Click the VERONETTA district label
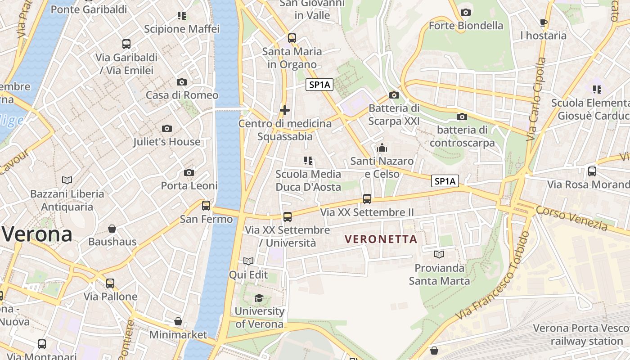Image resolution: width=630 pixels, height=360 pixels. click(x=381, y=239)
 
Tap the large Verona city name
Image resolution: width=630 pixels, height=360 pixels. click(x=37, y=234)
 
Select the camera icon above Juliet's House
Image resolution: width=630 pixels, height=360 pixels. click(x=167, y=129)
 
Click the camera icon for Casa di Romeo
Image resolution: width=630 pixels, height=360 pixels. click(x=182, y=82)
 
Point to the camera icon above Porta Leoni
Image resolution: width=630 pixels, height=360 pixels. click(x=189, y=173)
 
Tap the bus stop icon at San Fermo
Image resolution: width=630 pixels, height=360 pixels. click(x=206, y=206)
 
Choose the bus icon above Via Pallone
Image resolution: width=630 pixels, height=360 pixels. click(x=110, y=283)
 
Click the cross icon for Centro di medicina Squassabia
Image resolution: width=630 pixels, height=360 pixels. click(x=284, y=110)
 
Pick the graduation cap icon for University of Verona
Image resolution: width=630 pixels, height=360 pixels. click(x=259, y=298)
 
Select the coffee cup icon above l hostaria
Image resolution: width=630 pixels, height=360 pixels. click(x=544, y=22)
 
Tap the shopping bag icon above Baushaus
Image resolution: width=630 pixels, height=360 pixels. click(x=112, y=229)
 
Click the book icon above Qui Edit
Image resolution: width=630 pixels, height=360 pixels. click(x=248, y=261)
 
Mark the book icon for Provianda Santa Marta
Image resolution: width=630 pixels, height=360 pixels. click(x=439, y=255)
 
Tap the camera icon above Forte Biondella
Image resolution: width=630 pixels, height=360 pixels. click(x=466, y=12)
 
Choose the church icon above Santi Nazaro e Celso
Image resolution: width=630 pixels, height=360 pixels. click(x=382, y=148)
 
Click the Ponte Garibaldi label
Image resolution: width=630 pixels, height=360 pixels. click(x=89, y=9)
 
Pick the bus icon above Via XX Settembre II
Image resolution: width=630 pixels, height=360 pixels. click(x=367, y=199)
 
